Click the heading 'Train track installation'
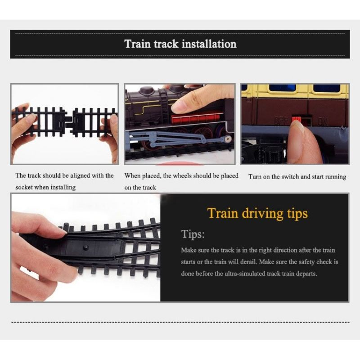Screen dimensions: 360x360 pyautogui.click(x=180, y=44)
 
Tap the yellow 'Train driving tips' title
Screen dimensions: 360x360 pyautogui.click(x=257, y=213)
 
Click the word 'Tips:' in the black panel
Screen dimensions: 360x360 pyautogui.click(x=193, y=234)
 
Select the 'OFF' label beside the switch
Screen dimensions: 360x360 pyautogui.click(x=281, y=120)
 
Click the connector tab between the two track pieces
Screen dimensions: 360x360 pyautogui.click(x=68, y=121)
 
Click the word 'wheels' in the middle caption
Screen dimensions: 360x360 pyautogui.click(x=182, y=176)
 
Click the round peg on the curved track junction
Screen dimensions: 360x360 pyautogui.click(x=86, y=247)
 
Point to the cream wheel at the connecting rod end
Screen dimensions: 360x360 pyautogui.click(x=228, y=139)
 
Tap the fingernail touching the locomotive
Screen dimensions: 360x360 pyautogui.click(x=180, y=106)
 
